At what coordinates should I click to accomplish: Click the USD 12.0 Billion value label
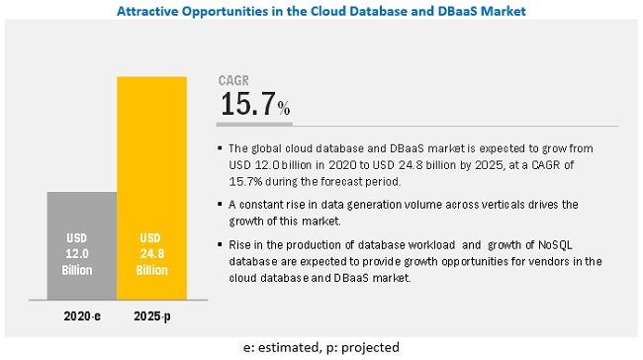[x=81, y=253]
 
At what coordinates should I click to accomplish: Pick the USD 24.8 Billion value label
[x=151, y=253]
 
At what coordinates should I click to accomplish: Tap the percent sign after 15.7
[x=284, y=108]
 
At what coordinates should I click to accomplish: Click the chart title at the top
[x=321, y=11]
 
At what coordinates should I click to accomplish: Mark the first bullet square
[x=220, y=148]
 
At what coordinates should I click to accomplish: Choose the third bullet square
[x=220, y=244]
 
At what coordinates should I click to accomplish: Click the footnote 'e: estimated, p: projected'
[x=321, y=349]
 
